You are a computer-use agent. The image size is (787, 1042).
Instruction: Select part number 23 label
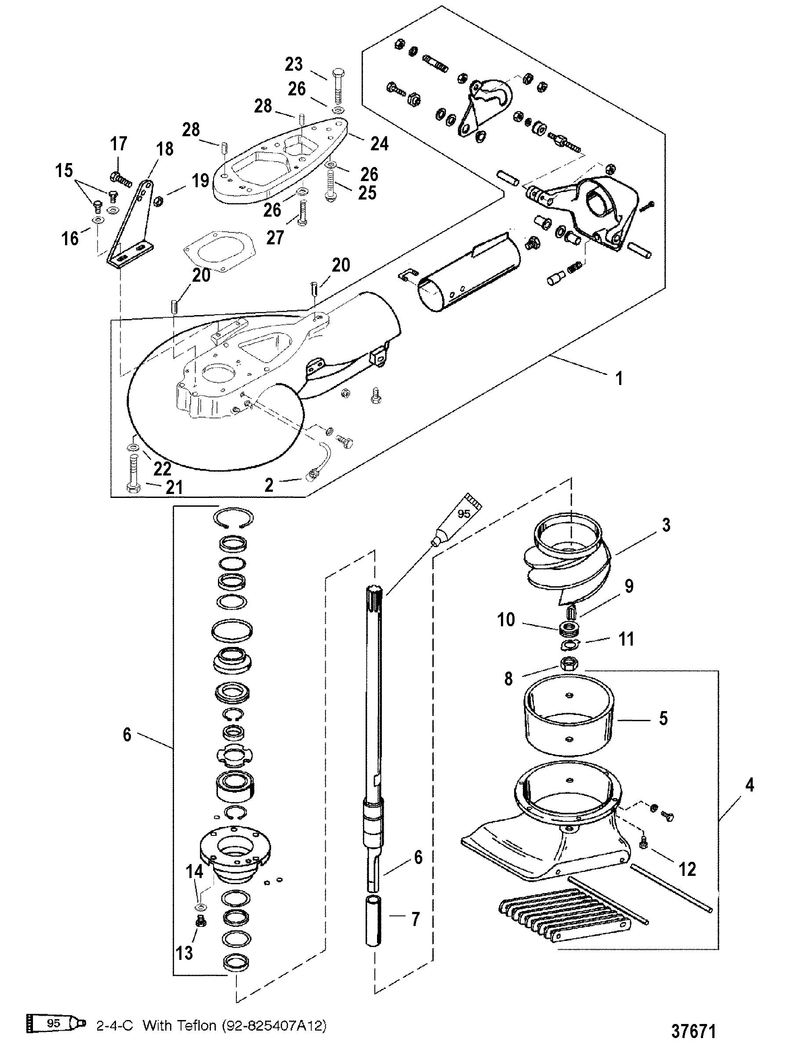(294, 64)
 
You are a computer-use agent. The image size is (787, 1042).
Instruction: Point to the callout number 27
(275, 237)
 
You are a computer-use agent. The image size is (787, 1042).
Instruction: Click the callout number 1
(619, 378)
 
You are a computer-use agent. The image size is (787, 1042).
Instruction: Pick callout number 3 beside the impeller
(665, 525)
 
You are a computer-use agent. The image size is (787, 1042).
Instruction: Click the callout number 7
(415, 919)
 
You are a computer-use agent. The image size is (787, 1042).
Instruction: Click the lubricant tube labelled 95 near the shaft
(459, 518)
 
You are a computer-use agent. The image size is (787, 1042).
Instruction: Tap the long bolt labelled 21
(132, 472)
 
